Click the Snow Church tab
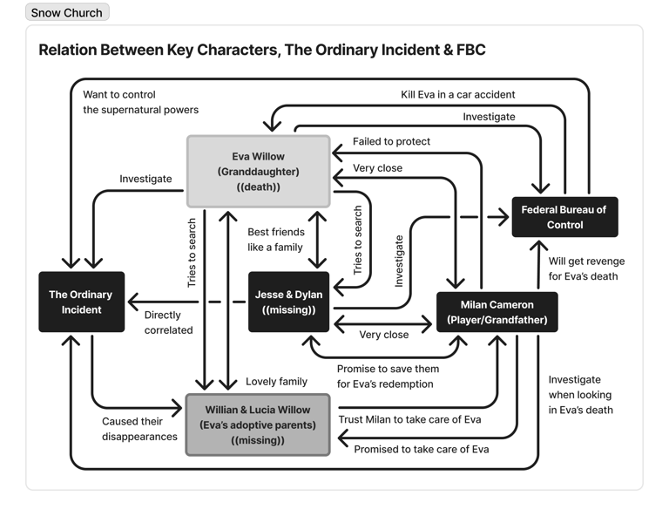tap(67, 13)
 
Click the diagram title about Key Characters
tap(261, 50)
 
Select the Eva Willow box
tap(259, 171)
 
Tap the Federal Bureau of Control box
tap(564, 217)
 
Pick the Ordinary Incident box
tap(81, 302)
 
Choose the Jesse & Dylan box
tap(288, 302)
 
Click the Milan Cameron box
tap(497, 312)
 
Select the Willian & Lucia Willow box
tap(258, 425)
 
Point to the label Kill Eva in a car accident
tap(458, 94)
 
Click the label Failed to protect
tap(391, 141)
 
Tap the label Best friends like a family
tap(275, 240)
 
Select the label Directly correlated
tap(168, 322)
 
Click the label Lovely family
tap(276, 381)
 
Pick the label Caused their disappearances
tap(139, 429)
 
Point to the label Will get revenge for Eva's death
tap(586, 268)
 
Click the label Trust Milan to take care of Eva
tap(409, 419)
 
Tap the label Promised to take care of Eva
tap(421, 449)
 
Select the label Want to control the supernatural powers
tap(140, 102)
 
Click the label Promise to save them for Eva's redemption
tap(385, 376)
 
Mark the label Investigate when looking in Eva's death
tap(581, 395)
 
